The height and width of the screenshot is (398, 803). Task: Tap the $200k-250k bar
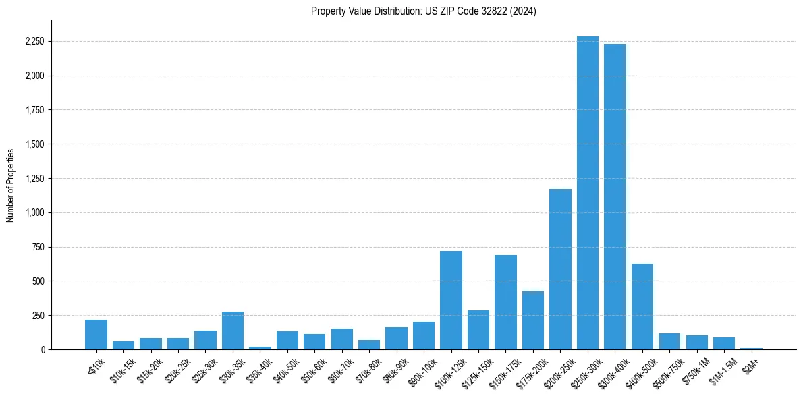pos(560,270)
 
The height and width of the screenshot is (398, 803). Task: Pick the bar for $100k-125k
pos(451,301)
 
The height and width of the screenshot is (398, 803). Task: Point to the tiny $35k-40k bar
pos(260,347)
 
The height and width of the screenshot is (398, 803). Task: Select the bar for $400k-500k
pos(642,307)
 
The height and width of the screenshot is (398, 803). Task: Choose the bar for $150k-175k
pos(505,303)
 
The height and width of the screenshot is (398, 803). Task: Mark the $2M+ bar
pos(751,348)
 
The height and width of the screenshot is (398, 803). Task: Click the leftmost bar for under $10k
pos(96,335)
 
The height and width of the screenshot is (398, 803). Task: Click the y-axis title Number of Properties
pos(10,185)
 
